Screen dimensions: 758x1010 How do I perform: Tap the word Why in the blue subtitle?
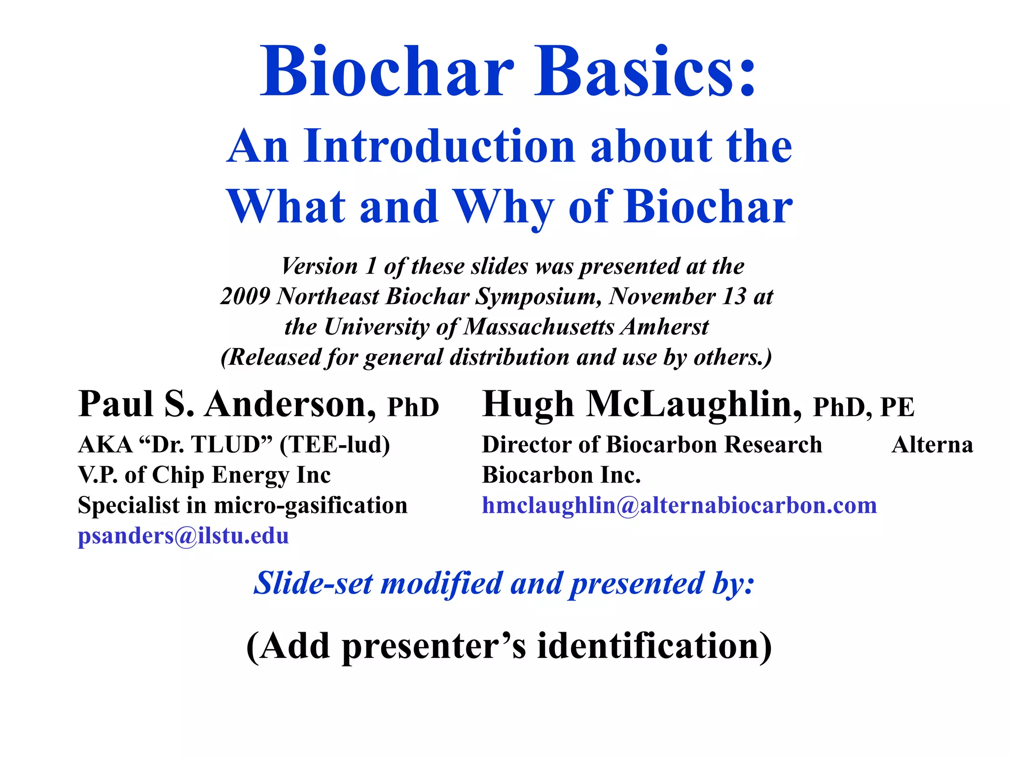503,207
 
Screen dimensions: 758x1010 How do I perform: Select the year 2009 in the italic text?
245,297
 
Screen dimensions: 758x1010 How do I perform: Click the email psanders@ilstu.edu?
183,536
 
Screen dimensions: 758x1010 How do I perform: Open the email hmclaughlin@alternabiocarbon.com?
679,505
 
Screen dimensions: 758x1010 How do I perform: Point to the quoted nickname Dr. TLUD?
206,445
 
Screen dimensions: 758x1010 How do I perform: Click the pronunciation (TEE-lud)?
335,445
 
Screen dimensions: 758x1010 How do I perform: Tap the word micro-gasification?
311,505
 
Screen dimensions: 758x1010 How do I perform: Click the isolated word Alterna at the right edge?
932,445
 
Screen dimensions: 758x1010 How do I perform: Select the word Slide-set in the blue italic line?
313,583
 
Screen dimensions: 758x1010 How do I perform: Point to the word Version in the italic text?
320,266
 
